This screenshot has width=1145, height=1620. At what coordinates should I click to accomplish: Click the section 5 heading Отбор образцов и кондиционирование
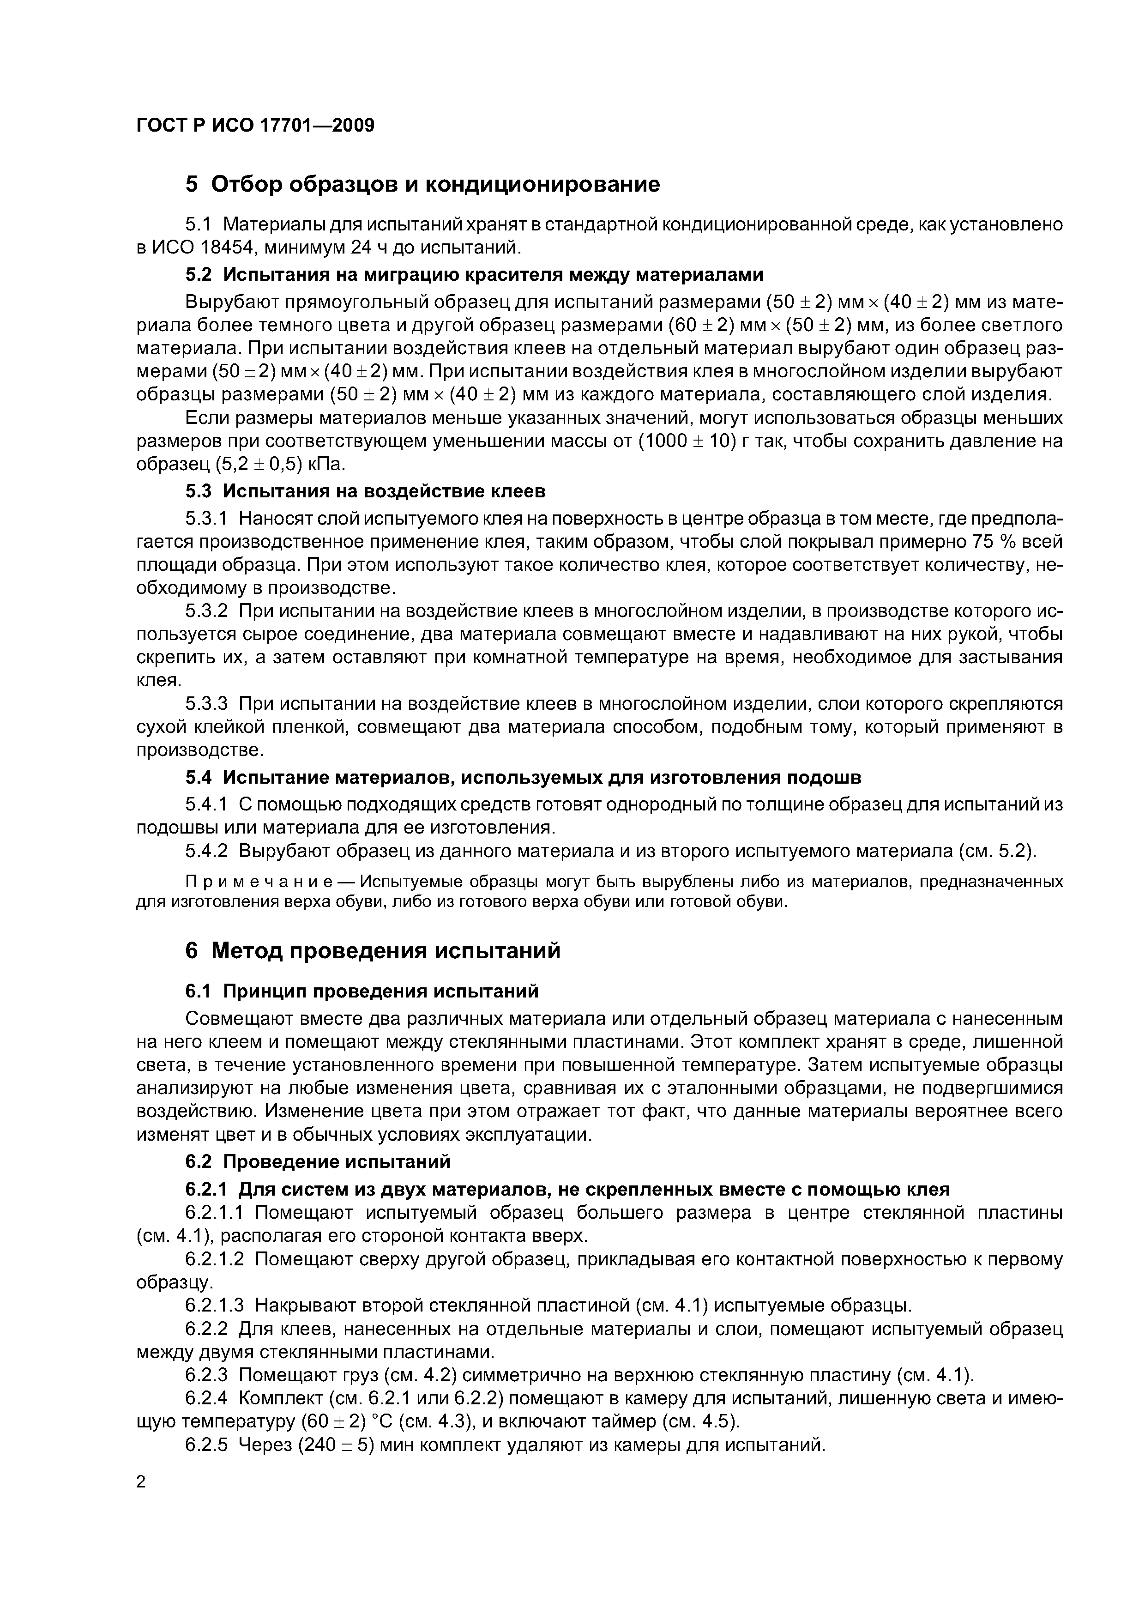(422, 184)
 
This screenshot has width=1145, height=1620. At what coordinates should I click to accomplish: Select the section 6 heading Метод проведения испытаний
(373, 950)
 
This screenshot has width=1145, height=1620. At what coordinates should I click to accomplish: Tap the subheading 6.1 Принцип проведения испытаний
(361, 991)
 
